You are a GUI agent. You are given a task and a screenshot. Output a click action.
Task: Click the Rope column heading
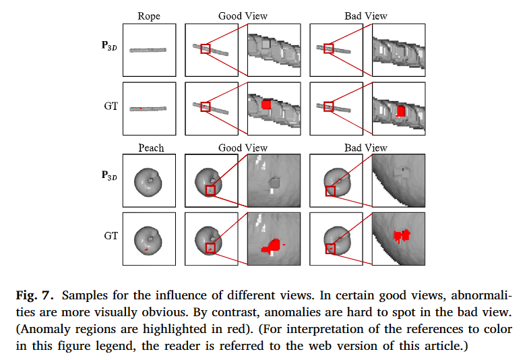(149, 16)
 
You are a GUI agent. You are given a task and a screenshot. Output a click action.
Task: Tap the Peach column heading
(151, 148)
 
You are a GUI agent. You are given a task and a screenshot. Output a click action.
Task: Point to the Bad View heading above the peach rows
(366, 148)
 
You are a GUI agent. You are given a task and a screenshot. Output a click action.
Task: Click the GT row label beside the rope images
(111, 106)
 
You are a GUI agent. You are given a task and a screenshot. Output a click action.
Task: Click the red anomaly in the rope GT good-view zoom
(266, 104)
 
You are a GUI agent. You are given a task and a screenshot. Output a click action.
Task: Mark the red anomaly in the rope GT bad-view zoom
(400, 110)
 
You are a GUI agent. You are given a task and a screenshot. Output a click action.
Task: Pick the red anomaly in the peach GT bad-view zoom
(402, 235)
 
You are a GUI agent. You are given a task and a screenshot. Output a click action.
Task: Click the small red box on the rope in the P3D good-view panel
(206, 49)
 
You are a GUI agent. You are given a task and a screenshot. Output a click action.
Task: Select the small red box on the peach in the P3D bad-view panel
(330, 191)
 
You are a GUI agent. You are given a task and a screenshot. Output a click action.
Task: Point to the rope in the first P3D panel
(148, 50)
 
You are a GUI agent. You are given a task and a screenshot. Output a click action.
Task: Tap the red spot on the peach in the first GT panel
(146, 249)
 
